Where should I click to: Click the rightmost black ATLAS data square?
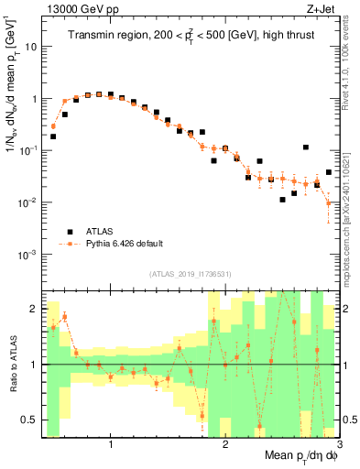328,172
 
